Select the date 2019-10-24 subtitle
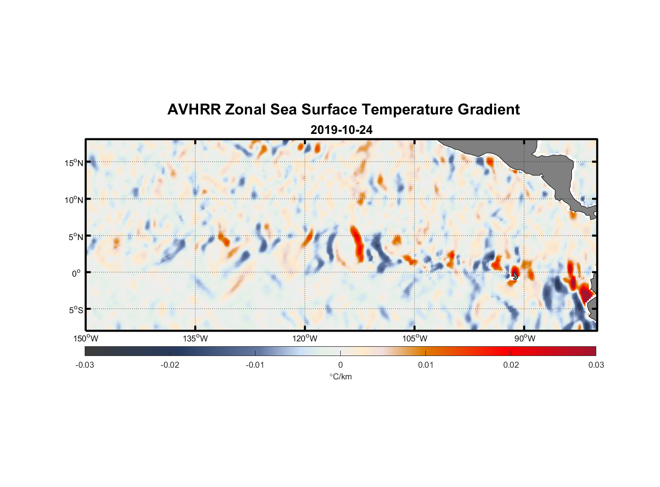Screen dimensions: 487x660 point(341,130)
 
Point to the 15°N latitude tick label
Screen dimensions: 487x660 point(73,163)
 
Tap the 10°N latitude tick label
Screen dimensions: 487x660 point(73,200)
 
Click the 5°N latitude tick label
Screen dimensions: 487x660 point(75,237)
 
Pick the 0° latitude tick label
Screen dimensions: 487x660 point(76,273)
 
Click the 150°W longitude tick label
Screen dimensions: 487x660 point(86,338)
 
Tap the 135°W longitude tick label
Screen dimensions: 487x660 point(196,338)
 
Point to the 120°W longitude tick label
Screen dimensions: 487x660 point(305,338)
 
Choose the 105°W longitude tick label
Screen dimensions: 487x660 point(415,338)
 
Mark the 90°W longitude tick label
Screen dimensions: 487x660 point(525,338)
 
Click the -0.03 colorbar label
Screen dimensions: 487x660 point(85,365)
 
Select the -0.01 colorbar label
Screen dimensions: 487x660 point(255,365)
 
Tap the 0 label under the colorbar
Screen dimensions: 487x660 point(340,365)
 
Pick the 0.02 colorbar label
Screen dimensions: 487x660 point(511,365)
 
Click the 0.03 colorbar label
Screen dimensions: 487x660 point(596,365)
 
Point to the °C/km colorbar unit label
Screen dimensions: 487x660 point(340,376)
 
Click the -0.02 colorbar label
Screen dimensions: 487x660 point(170,365)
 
